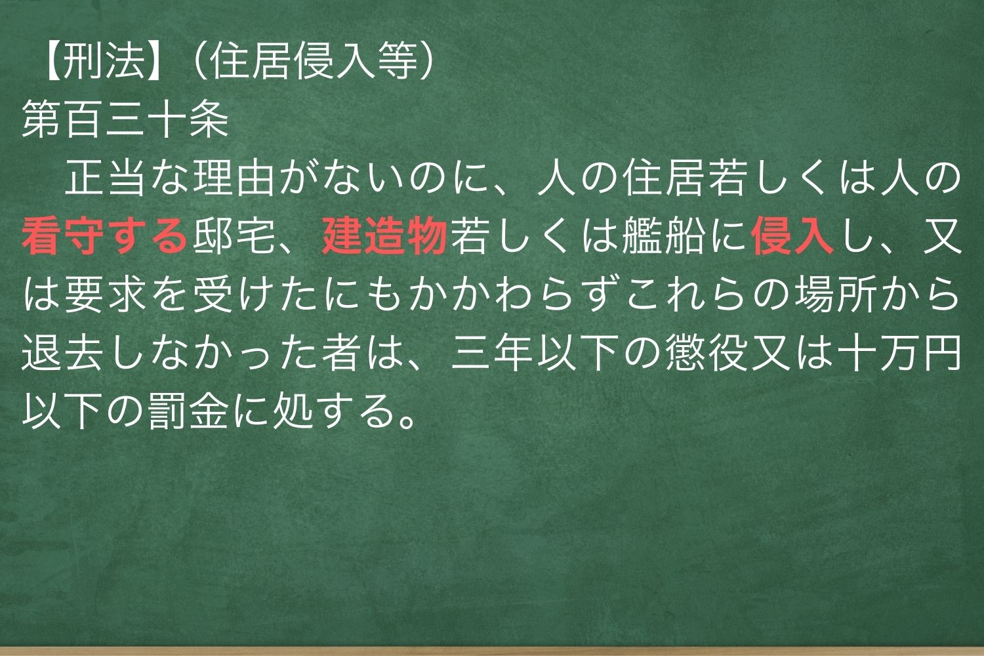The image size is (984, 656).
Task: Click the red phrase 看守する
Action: pos(104,237)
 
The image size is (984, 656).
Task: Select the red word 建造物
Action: pos(384,237)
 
